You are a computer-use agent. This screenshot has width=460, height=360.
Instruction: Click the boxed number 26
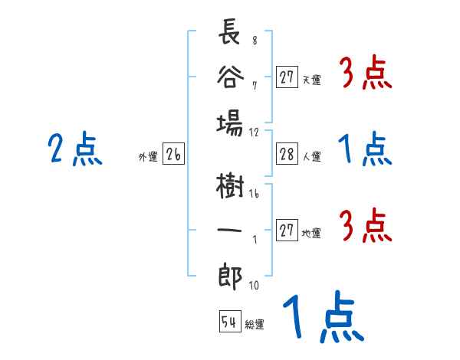pyautogui.click(x=172, y=155)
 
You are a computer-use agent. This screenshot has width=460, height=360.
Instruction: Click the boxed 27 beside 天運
pyautogui.click(x=287, y=77)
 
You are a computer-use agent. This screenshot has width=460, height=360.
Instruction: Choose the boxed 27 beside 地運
pyautogui.click(x=287, y=231)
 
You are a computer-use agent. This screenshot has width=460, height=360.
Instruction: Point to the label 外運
pyautogui.click(x=148, y=157)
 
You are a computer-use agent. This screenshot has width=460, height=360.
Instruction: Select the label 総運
pyautogui.click(x=255, y=324)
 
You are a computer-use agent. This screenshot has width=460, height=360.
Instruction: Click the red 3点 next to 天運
pyautogui.click(x=366, y=74)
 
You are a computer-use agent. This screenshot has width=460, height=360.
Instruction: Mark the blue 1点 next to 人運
pyautogui.click(x=366, y=149)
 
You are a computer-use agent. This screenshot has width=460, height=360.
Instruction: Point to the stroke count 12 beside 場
pyautogui.click(x=255, y=132)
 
